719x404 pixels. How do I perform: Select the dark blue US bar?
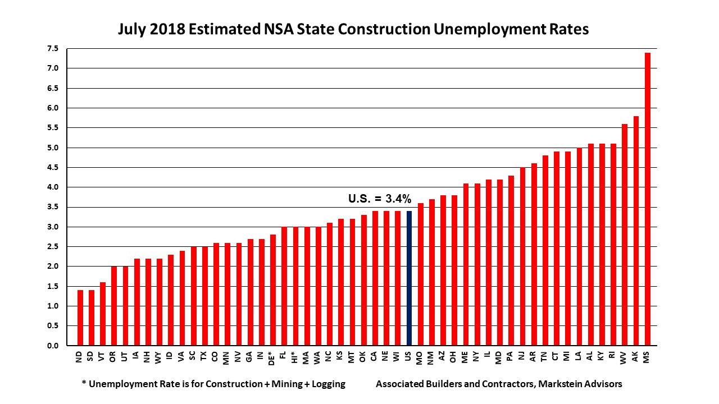[x=409, y=278]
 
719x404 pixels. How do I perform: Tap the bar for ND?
[x=80, y=318]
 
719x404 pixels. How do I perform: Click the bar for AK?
[x=636, y=231]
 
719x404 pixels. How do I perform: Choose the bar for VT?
[x=103, y=314]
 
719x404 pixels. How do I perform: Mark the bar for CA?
[x=375, y=278]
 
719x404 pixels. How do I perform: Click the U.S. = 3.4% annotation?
[x=380, y=198]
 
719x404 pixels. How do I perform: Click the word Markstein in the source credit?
[x=558, y=384]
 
